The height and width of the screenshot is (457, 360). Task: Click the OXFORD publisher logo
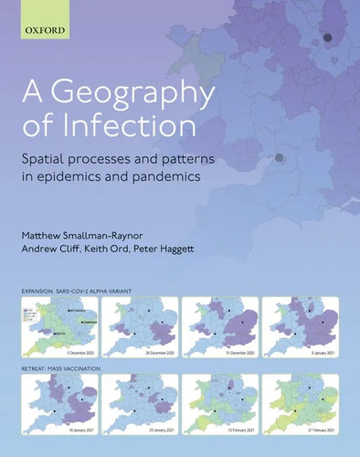click(x=47, y=30)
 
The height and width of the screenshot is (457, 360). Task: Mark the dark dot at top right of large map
click(x=327, y=37)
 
